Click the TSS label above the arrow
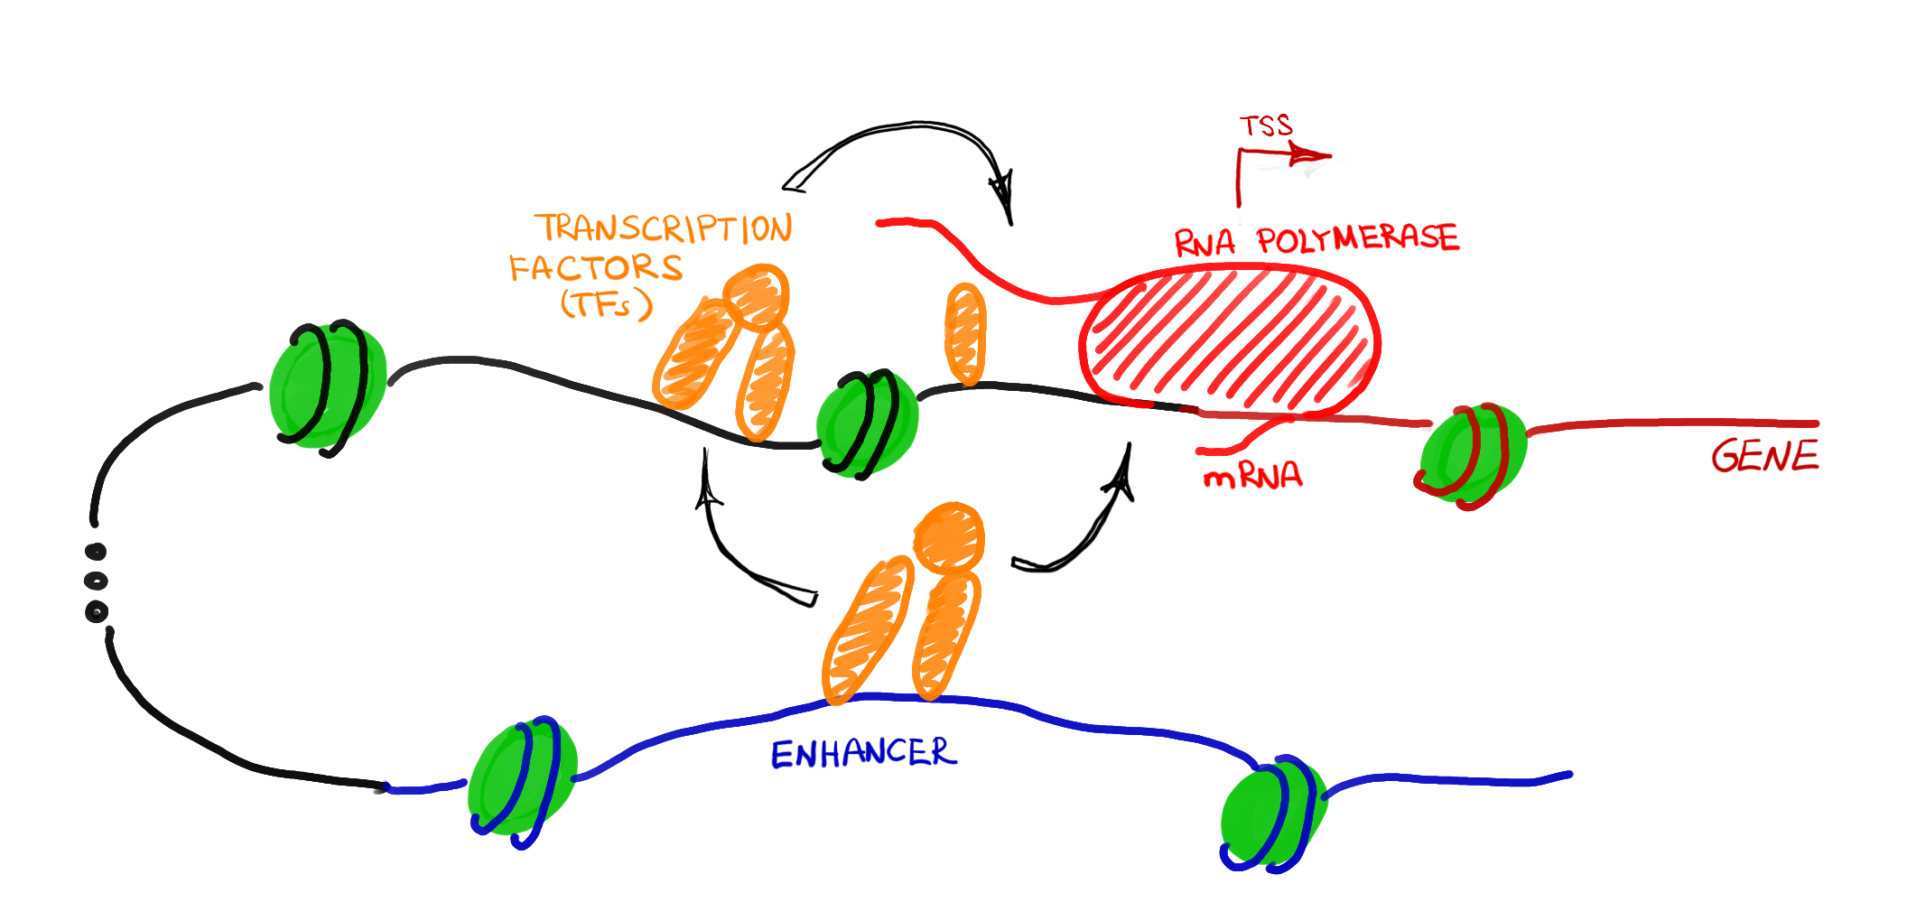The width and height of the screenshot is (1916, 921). pos(1266,126)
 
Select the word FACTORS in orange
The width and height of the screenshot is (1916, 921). pos(597,268)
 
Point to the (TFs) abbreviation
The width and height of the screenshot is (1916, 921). pos(606,304)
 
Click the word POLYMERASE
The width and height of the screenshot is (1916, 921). pos(1357,238)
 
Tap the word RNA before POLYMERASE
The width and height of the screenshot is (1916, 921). pos(1204,242)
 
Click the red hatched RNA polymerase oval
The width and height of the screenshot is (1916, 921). pos(1230,339)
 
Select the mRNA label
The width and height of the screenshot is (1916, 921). pos(1252,476)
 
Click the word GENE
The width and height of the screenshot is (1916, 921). pos(1764,456)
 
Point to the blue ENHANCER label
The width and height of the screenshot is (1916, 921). pos(862,753)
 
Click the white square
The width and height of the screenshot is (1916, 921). pos(1526,663)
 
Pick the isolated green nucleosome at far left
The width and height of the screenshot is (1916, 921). pos(328,386)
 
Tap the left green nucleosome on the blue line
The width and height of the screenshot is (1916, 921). pos(522,778)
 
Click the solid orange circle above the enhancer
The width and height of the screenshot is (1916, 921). pos(948,537)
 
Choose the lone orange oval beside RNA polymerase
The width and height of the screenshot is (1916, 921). pos(965,333)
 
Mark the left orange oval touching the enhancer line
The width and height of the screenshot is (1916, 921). pos(867,629)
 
